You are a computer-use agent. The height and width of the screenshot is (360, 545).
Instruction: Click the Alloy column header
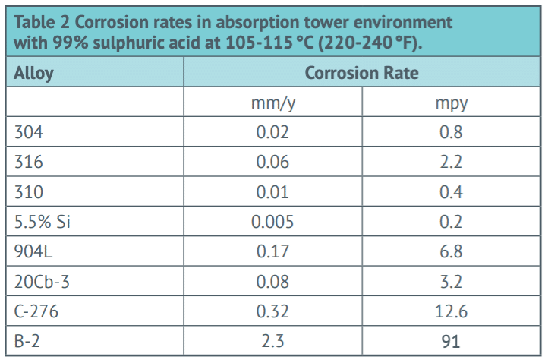click(34, 74)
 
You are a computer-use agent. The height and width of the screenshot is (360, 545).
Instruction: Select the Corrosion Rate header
click(361, 74)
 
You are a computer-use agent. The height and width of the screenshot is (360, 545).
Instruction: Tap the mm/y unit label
click(272, 103)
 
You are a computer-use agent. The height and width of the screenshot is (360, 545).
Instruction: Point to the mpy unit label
click(451, 103)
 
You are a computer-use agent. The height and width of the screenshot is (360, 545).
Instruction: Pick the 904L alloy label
click(34, 251)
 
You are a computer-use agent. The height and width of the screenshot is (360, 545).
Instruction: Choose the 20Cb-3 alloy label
click(41, 282)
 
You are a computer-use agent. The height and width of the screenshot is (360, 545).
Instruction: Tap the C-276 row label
click(36, 311)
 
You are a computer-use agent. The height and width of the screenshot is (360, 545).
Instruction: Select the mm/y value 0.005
click(272, 222)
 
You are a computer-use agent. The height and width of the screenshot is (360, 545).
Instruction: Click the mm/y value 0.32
click(272, 311)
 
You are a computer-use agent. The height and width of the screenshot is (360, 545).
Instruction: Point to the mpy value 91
click(451, 342)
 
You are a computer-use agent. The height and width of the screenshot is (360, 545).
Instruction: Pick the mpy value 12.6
click(451, 311)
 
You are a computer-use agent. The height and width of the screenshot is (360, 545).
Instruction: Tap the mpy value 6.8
click(451, 251)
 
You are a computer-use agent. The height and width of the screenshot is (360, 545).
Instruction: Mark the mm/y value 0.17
click(272, 251)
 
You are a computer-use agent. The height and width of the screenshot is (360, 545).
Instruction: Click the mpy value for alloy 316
click(451, 163)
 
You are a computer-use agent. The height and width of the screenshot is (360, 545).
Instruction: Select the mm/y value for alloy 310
click(272, 192)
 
